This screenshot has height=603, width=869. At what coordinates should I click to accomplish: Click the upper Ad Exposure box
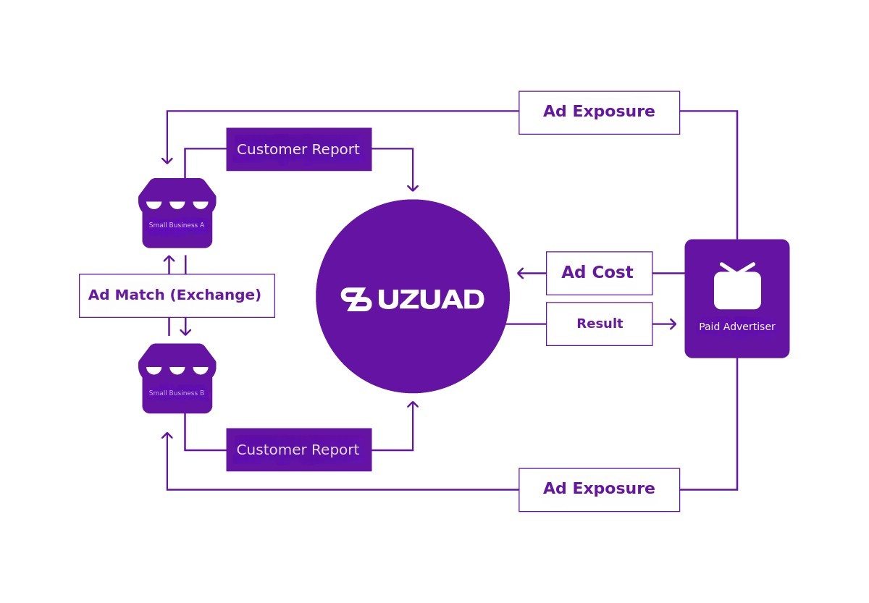[599, 113]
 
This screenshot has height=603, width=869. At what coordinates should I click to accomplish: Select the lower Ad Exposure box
[599, 490]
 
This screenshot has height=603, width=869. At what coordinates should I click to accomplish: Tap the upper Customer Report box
[298, 149]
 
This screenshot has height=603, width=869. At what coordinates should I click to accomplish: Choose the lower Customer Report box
[298, 450]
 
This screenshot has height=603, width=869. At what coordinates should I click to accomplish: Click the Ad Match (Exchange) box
[177, 296]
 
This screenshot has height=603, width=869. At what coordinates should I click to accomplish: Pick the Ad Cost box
[599, 274]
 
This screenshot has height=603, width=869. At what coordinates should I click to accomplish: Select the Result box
[599, 324]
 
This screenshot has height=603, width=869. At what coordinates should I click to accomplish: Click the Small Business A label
[177, 225]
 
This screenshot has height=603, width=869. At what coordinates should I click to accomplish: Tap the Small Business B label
[177, 393]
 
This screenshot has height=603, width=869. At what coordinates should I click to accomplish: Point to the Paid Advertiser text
[736, 326]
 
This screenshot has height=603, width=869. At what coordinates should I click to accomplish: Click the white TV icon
[737, 286]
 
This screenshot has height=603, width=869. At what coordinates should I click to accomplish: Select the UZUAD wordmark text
[431, 300]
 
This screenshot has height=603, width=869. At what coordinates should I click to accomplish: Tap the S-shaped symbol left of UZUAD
[356, 300]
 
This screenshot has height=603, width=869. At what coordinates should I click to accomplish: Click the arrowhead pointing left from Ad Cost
[521, 274]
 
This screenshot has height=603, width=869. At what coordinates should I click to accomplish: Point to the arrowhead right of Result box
[673, 324]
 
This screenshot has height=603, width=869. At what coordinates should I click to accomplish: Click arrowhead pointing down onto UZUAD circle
[413, 188]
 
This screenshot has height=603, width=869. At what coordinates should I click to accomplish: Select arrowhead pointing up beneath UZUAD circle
[413, 405]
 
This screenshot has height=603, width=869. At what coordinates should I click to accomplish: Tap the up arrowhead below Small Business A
[169, 259]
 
